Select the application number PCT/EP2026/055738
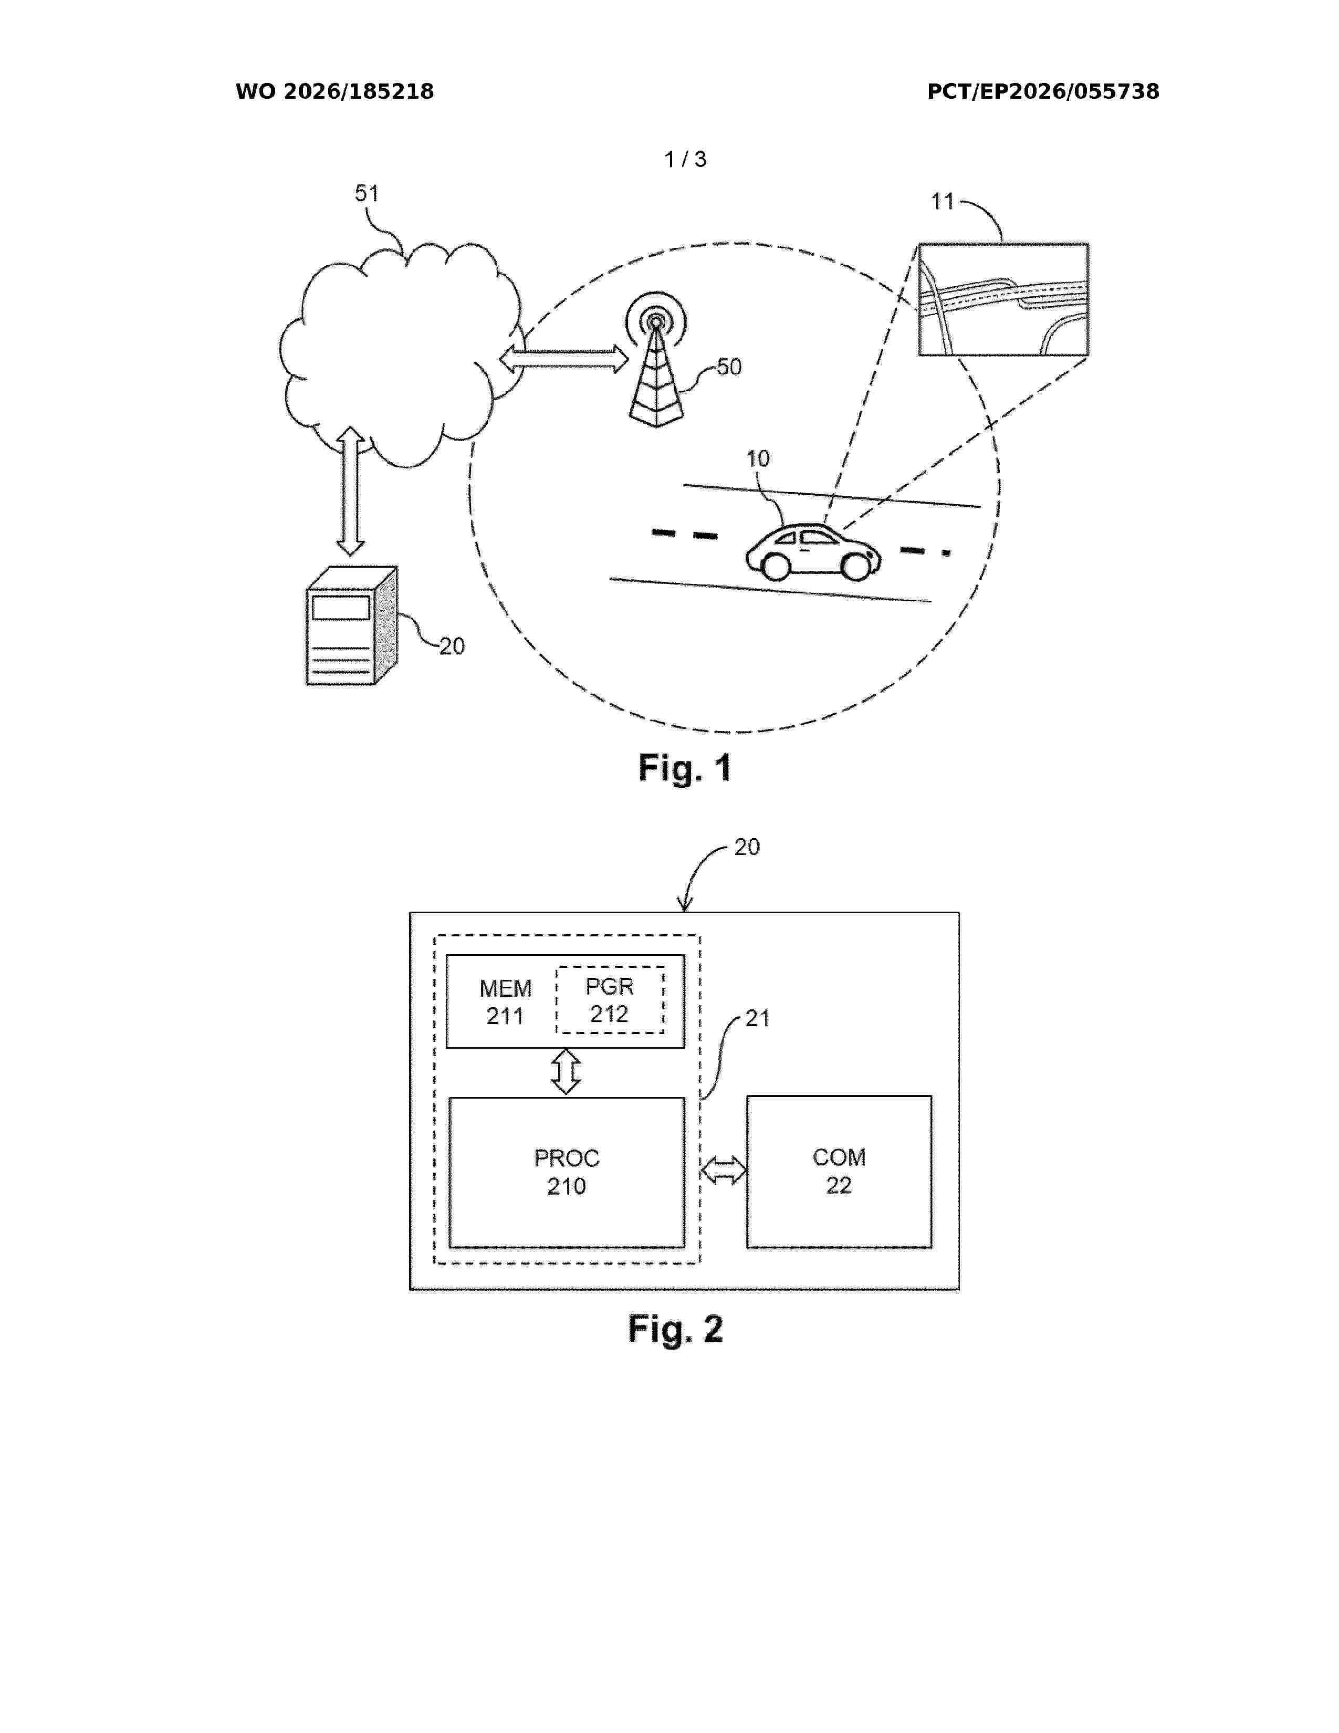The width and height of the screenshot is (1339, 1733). (1043, 92)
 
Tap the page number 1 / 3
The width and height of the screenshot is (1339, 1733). (685, 160)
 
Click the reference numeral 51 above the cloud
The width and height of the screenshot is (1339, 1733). (367, 194)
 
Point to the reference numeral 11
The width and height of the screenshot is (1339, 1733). (943, 202)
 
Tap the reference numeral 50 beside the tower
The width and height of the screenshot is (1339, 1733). (729, 367)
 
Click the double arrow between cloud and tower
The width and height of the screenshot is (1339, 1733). (564, 359)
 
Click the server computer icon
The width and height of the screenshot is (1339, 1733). (351, 625)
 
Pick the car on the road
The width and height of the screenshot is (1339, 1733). (813, 551)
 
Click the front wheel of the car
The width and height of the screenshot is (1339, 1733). (856, 567)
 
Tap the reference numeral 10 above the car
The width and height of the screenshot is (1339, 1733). (758, 458)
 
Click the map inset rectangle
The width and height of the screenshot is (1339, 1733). (1003, 299)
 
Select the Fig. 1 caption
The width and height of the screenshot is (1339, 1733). (685, 768)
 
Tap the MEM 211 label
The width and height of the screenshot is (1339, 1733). (505, 1002)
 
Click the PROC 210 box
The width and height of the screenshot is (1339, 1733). (567, 1172)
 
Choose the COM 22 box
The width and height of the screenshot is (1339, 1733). (839, 1171)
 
